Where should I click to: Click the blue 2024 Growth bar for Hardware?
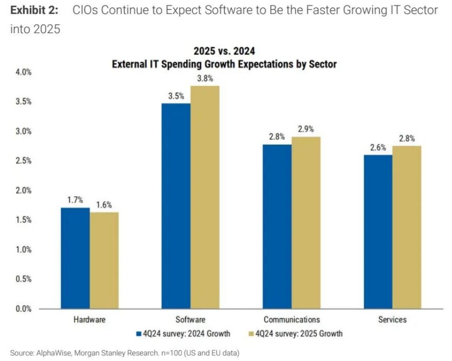pos(75,258)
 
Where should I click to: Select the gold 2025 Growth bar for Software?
pos(204,197)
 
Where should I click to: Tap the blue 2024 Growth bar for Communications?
pos(277,226)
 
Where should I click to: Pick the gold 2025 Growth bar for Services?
pos(406,227)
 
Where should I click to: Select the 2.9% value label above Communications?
pos(306,129)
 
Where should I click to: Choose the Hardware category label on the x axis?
pos(89,319)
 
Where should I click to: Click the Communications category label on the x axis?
pos(292,319)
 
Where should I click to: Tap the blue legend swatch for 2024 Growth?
pos(139,334)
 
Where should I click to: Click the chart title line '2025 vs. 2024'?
pos(224,51)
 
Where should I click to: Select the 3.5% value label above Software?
pos(176,96)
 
